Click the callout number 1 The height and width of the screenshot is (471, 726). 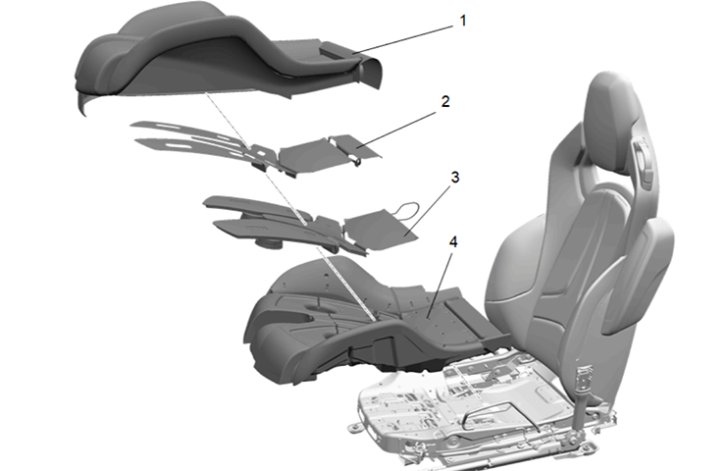(462, 20)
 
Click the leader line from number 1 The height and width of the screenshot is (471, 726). (402, 35)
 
